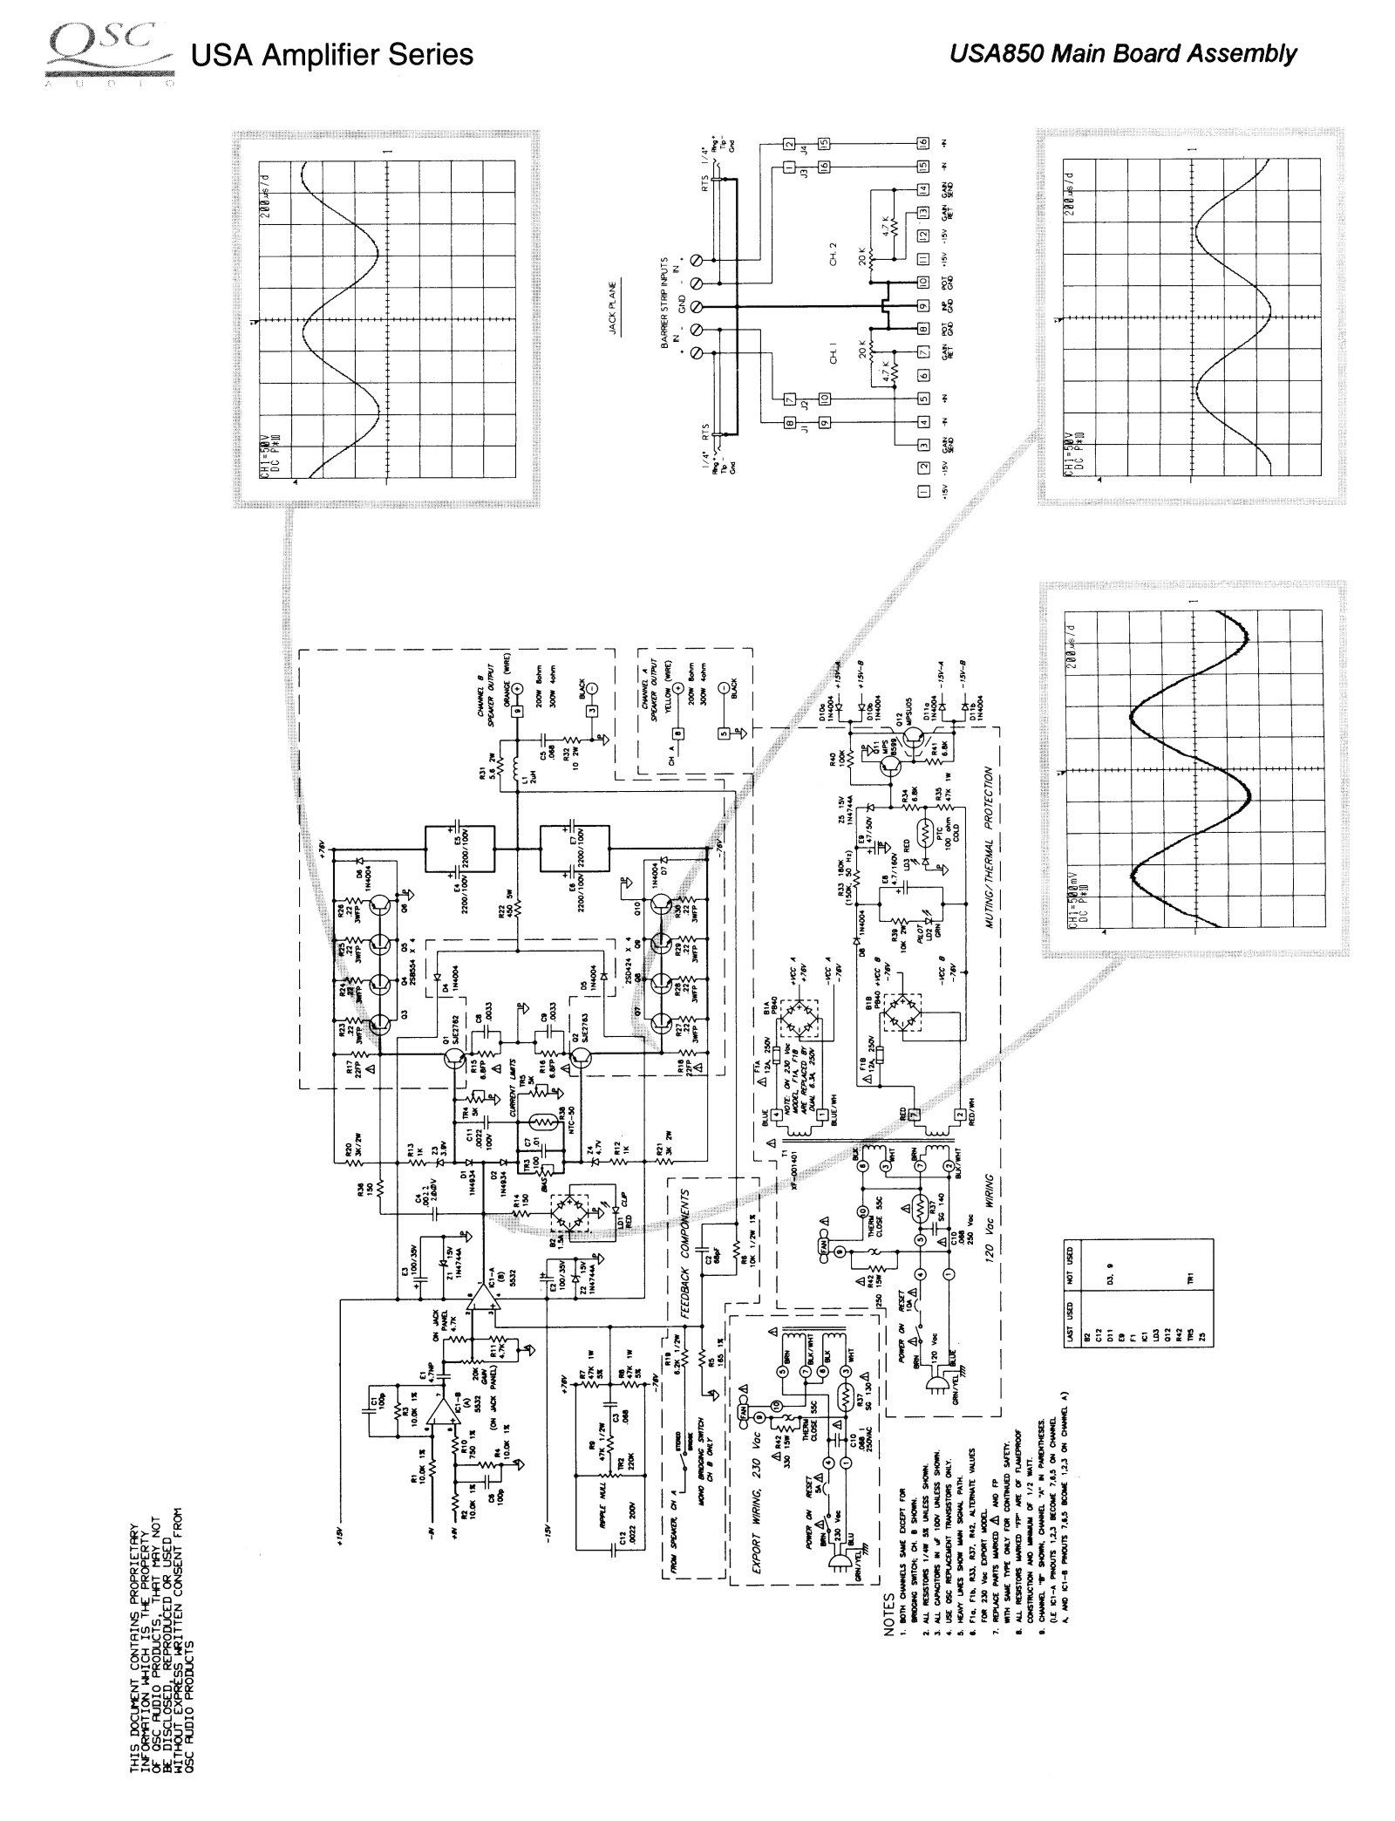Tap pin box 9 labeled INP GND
pos(922,307)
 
